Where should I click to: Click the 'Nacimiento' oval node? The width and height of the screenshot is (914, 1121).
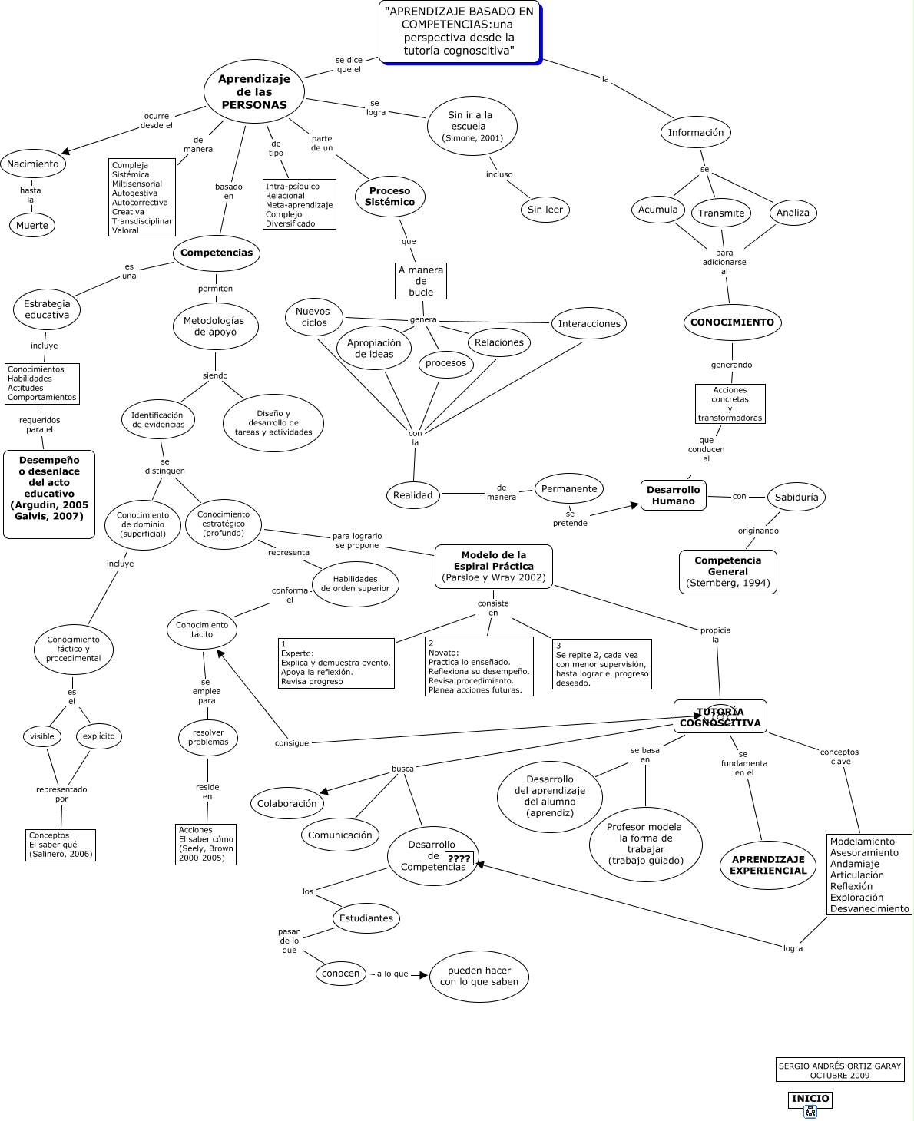coord(33,164)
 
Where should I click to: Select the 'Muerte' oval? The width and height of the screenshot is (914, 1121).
coord(32,225)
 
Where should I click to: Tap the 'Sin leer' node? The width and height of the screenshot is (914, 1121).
coord(545,209)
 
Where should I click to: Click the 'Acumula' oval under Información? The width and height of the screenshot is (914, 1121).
coord(658,209)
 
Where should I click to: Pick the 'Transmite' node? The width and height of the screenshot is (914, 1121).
coord(721,213)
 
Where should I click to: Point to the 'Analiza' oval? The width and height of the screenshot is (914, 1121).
coord(793,212)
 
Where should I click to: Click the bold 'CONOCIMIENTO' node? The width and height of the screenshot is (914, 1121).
coord(732,322)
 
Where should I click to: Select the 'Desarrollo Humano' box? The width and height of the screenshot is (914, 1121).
coord(674,495)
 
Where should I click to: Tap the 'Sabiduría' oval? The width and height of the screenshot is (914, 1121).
coord(796,497)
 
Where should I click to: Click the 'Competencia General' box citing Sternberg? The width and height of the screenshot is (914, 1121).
coord(728,571)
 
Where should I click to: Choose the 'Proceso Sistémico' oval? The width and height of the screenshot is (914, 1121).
coord(390,197)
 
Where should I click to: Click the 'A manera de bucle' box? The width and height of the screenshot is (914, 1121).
coord(421,281)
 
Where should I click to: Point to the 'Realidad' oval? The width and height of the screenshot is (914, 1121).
coord(413,495)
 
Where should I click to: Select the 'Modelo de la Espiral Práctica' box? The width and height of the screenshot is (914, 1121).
coord(494,566)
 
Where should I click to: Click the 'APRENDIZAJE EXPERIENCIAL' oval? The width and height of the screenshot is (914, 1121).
coord(768,865)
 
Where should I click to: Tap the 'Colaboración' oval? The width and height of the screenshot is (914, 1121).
coord(287,803)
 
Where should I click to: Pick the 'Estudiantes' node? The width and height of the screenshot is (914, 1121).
coord(366,918)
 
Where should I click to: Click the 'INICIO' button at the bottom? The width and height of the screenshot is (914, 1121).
coord(810,1099)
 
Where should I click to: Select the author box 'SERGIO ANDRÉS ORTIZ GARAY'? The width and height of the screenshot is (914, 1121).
coord(840,1070)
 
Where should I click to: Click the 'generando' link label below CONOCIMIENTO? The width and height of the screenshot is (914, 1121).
coord(731,365)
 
